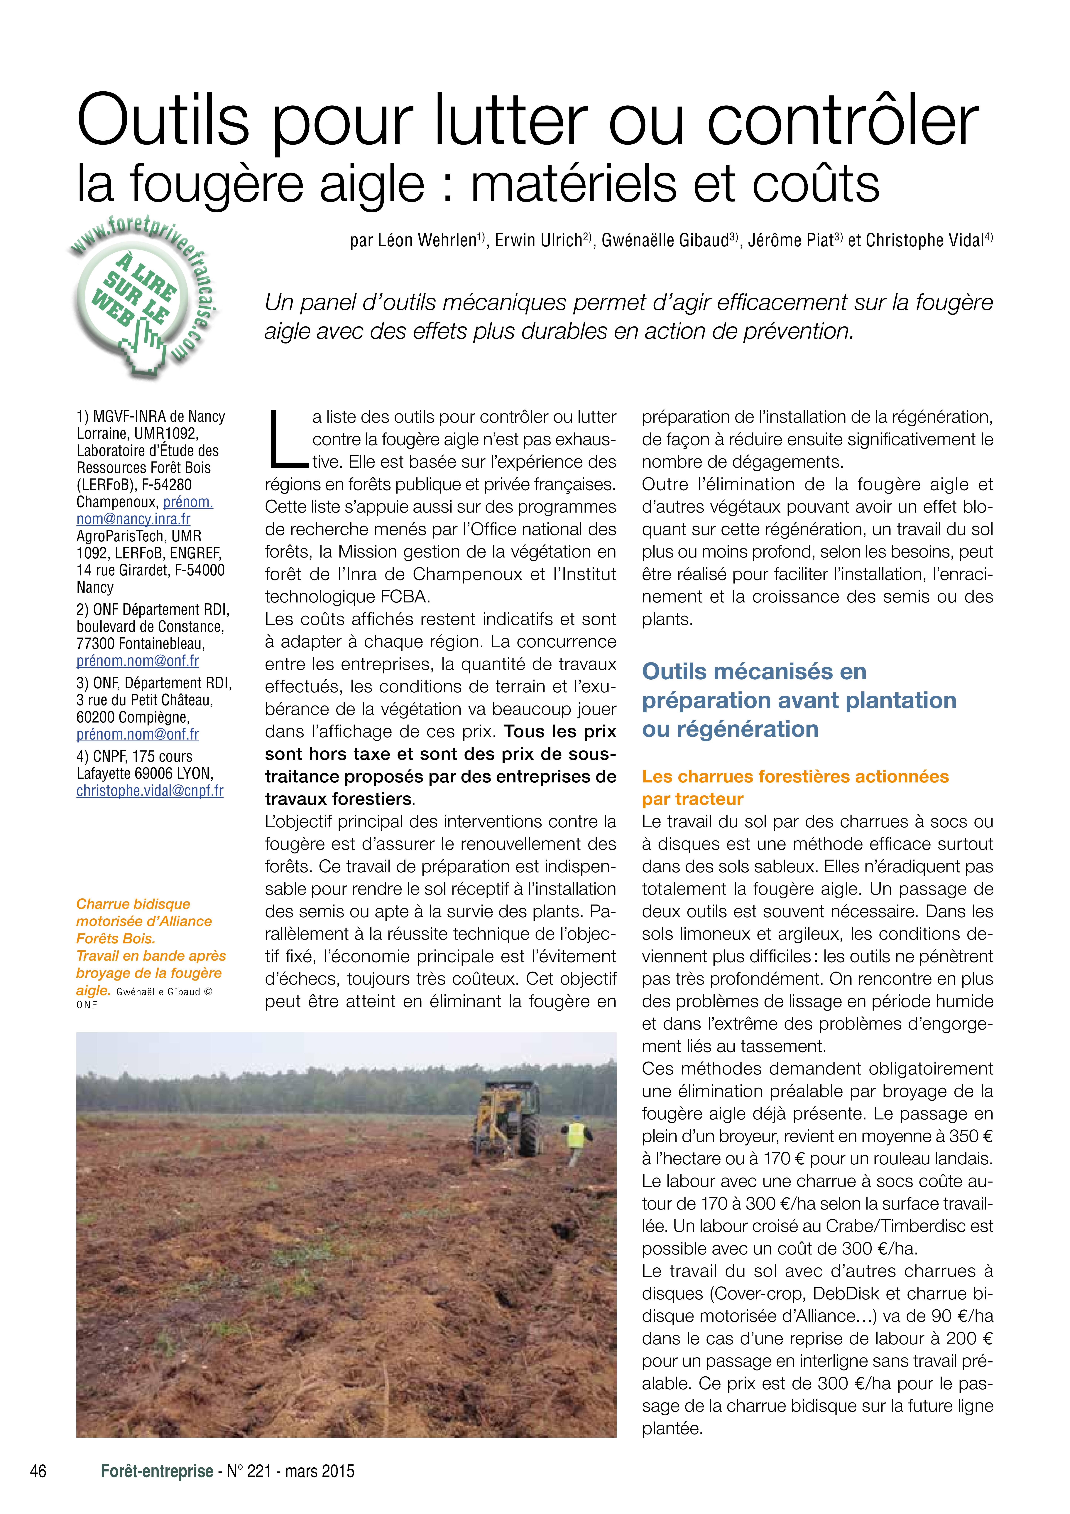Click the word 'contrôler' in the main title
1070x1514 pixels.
843,120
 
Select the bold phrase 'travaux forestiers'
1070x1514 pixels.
338,799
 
